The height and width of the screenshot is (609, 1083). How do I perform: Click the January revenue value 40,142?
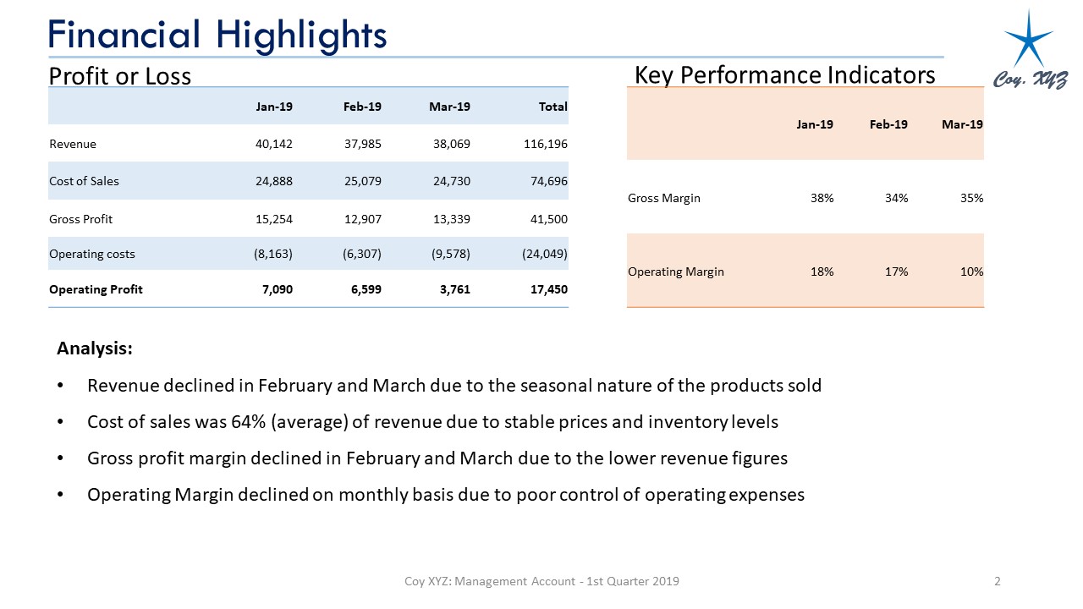pyautogui.click(x=273, y=144)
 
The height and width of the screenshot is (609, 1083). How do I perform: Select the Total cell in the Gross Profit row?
pyautogui.click(x=547, y=219)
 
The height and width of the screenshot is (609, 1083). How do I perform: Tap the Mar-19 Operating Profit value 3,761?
pyautogui.click(x=454, y=289)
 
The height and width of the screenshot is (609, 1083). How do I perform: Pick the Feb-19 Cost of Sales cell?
pyautogui.click(x=363, y=181)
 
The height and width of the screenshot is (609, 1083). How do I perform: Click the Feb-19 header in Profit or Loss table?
pyautogui.click(x=362, y=107)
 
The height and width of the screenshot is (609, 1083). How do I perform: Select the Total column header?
pyautogui.click(x=552, y=107)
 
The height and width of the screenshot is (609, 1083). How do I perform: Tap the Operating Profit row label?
pyautogui.click(x=96, y=289)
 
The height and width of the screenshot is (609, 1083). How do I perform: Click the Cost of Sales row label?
pyautogui.click(x=84, y=181)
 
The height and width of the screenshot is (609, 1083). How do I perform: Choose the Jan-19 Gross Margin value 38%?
pyautogui.click(x=821, y=198)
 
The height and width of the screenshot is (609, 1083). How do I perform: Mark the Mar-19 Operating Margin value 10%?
pyautogui.click(x=971, y=272)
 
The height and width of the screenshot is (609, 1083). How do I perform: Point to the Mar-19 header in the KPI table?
pyautogui.click(x=962, y=124)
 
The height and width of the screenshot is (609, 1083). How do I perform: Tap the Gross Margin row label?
pyautogui.click(x=664, y=198)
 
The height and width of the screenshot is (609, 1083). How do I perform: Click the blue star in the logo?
pyautogui.click(x=1028, y=38)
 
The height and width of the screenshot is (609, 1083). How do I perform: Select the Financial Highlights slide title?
pyautogui.click(x=217, y=35)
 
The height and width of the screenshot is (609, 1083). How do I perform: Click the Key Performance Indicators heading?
pyautogui.click(x=784, y=75)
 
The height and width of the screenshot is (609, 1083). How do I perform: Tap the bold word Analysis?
pyautogui.click(x=94, y=348)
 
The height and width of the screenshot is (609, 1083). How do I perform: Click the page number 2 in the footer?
pyautogui.click(x=998, y=581)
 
